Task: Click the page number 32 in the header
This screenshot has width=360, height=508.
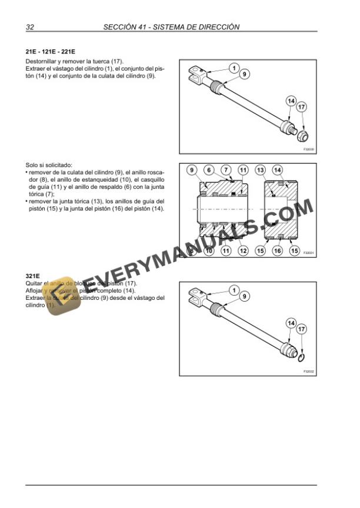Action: pyautogui.click(x=31, y=26)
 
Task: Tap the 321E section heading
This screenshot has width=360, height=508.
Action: pyautogui.click(x=32, y=276)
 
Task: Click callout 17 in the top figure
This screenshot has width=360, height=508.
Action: pyautogui.click(x=302, y=107)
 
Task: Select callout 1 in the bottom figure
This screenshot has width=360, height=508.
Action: pyautogui.click(x=234, y=290)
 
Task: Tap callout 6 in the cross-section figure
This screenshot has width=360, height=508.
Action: pyautogui.click(x=208, y=171)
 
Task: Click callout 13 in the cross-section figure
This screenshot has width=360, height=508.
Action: pyautogui.click(x=260, y=171)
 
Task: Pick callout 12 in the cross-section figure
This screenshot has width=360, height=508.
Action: pyautogui.click(x=242, y=250)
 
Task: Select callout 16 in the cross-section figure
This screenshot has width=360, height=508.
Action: pyautogui.click(x=277, y=250)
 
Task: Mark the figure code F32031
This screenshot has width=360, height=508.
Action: pyautogui.click(x=309, y=253)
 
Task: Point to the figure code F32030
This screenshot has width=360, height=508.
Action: pyautogui.click(x=309, y=149)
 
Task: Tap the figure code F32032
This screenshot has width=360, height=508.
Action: pyautogui.click(x=309, y=372)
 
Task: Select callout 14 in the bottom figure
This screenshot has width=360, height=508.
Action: pyautogui.click(x=291, y=323)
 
